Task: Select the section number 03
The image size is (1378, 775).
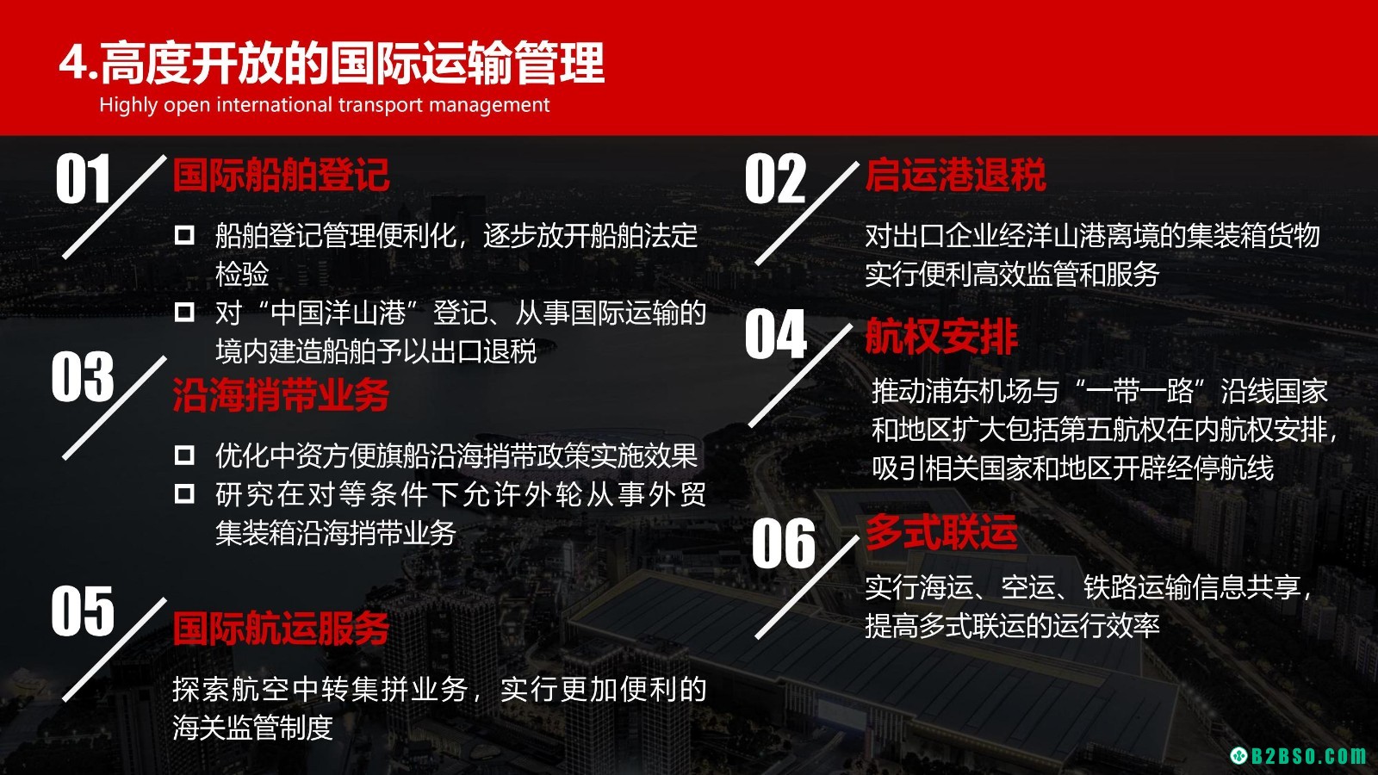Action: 83,376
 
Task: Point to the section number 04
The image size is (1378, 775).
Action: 776,333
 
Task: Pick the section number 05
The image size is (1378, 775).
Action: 83,611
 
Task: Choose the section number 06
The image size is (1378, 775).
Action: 784,543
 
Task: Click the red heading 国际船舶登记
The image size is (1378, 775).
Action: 281,175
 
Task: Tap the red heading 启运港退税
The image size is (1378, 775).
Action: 955,175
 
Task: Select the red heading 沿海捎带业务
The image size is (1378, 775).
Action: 281,394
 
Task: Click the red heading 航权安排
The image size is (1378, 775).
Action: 941,337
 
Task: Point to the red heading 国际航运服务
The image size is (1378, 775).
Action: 281,629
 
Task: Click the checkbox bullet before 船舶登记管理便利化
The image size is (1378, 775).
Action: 184,235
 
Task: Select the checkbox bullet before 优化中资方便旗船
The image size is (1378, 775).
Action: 184,456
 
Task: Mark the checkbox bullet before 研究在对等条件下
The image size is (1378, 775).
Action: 184,493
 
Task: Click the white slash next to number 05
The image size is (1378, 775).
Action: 115,649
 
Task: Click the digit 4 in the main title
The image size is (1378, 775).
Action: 74,63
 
